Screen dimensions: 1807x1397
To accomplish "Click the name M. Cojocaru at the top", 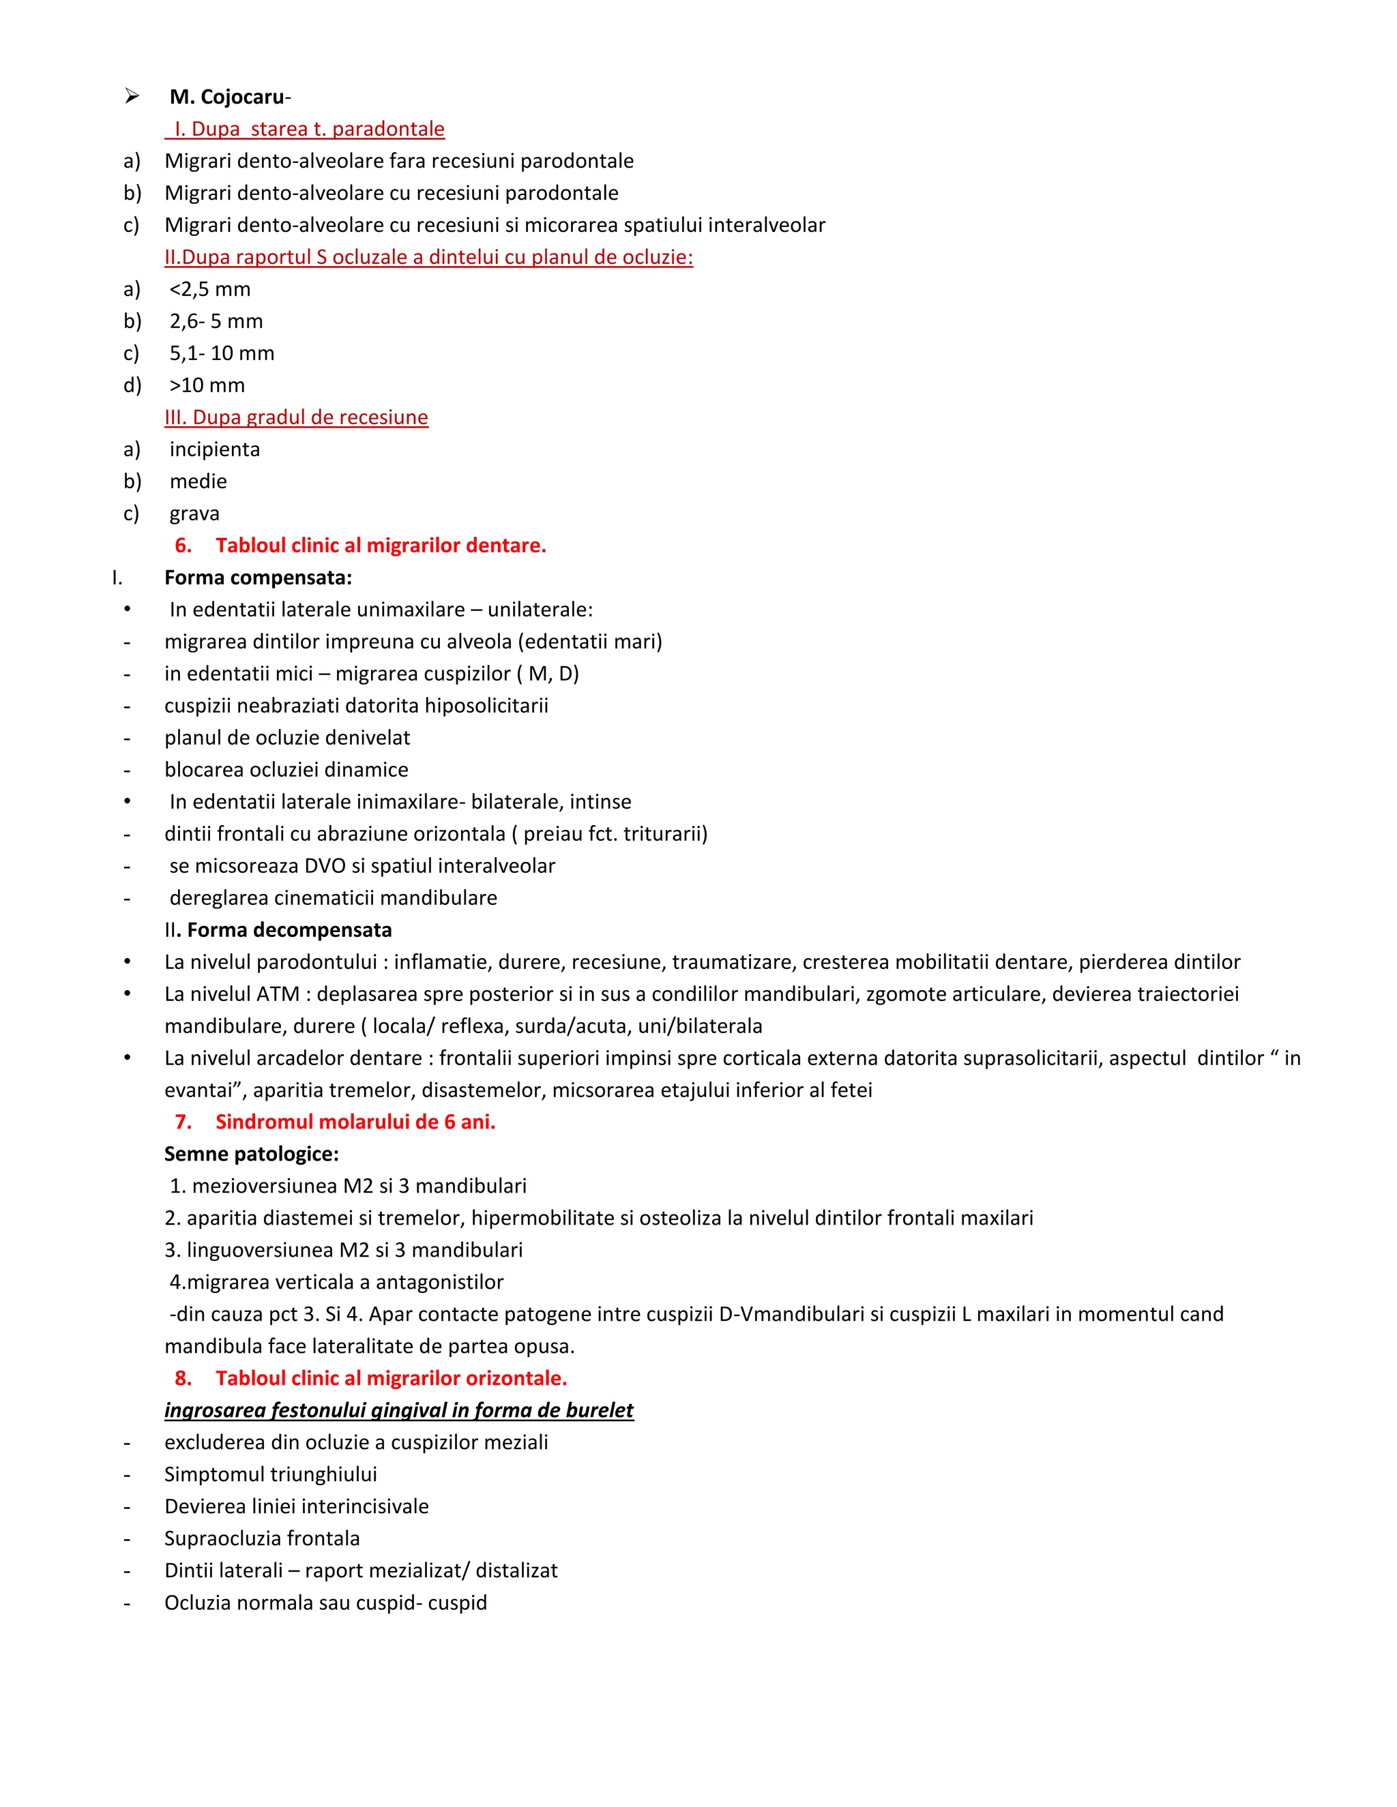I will [x=226, y=97].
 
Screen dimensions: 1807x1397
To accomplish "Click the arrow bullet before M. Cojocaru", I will [x=132, y=97].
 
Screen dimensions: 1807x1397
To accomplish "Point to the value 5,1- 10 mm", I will [x=222, y=353].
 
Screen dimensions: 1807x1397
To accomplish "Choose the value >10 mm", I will [x=207, y=385].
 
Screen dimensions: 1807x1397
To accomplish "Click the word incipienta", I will [x=214, y=449].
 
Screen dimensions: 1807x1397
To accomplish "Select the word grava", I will [x=194, y=514].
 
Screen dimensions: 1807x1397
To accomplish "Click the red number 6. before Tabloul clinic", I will [x=183, y=546].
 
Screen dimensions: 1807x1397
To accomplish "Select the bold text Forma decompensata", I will [x=289, y=930].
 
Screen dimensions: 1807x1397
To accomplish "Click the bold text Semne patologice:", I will [x=252, y=1154].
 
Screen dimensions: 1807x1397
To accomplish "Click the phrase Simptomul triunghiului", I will [x=271, y=1474].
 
